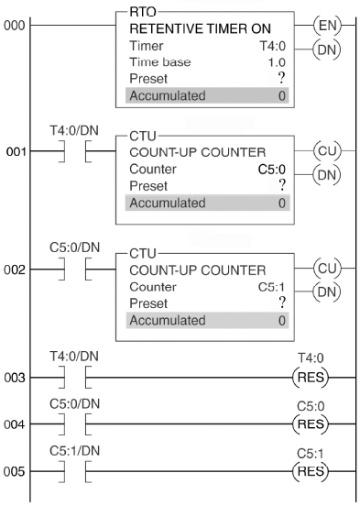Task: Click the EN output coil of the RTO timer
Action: (x=327, y=26)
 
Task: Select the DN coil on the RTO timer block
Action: (x=327, y=49)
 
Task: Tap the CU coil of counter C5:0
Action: (x=327, y=150)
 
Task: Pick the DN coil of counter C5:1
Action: (x=327, y=292)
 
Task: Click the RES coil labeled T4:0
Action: (x=311, y=378)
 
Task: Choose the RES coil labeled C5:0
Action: (x=311, y=424)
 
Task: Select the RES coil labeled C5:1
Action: (x=311, y=471)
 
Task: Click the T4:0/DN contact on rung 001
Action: (x=75, y=151)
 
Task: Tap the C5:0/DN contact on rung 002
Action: (x=75, y=269)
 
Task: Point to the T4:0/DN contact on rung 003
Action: (x=75, y=378)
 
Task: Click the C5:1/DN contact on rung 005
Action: (x=75, y=471)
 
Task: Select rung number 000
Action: (x=14, y=26)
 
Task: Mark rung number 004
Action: (x=14, y=424)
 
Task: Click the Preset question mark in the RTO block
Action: (x=281, y=78)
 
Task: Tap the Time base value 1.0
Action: (x=277, y=62)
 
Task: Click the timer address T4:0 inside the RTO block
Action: (x=273, y=46)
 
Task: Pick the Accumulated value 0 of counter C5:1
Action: (x=282, y=321)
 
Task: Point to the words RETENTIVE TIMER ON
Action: (x=200, y=29)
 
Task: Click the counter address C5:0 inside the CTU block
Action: (x=272, y=170)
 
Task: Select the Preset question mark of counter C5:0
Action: (x=282, y=185)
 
